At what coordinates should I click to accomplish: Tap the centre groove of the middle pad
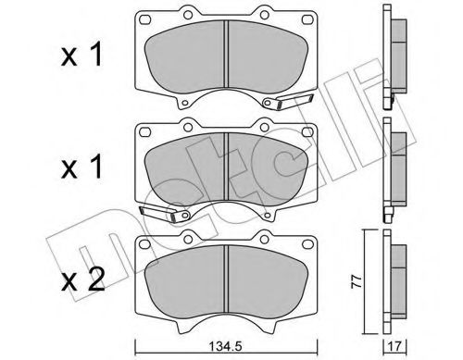[228, 167]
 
